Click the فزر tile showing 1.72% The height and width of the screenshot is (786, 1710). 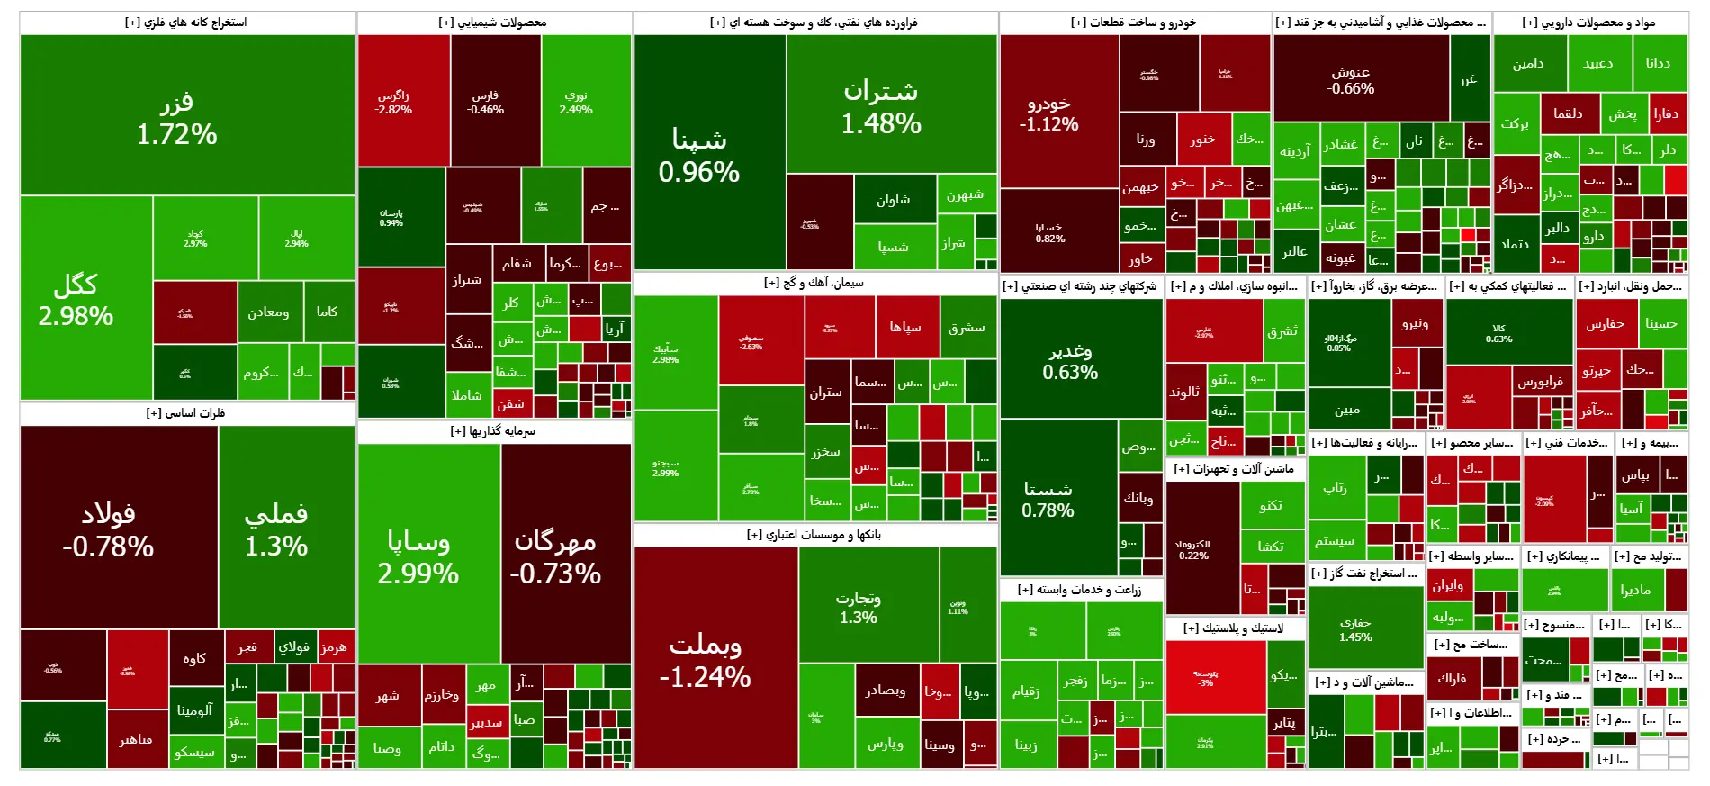(177, 117)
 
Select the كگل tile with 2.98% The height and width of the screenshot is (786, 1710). (76, 300)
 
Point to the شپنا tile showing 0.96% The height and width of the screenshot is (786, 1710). (699, 155)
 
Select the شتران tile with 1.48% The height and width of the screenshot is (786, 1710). (881, 106)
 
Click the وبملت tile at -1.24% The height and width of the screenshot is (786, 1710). (706, 660)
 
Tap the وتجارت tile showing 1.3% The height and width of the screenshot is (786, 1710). (858, 607)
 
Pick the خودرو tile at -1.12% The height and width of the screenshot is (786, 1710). (1048, 113)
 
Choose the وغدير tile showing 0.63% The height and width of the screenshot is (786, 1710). (1070, 361)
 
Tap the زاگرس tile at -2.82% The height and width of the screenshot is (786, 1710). (393, 102)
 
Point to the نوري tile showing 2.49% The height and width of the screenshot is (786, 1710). (576, 102)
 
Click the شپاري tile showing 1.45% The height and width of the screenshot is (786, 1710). (1355, 629)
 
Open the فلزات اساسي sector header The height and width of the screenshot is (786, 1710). (186, 413)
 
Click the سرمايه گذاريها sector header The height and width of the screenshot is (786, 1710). (493, 431)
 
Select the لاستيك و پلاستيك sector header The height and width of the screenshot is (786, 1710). (1233, 628)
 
